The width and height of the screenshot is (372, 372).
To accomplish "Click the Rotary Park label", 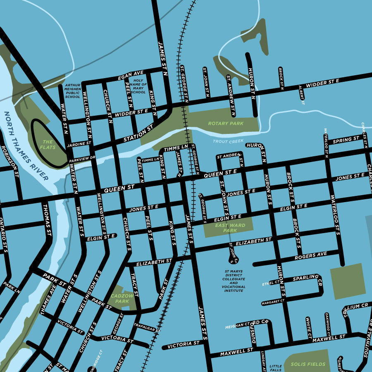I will point(226,124).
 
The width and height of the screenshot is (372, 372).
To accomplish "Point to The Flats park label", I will point(48,145).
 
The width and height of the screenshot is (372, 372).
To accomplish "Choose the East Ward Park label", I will point(230,228).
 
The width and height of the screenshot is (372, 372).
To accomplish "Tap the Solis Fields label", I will point(308,364).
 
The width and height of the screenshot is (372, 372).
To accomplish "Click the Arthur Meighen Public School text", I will point(72,91).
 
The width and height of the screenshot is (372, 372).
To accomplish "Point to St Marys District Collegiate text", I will point(234,281).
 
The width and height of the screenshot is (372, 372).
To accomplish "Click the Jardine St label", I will point(80,144).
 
